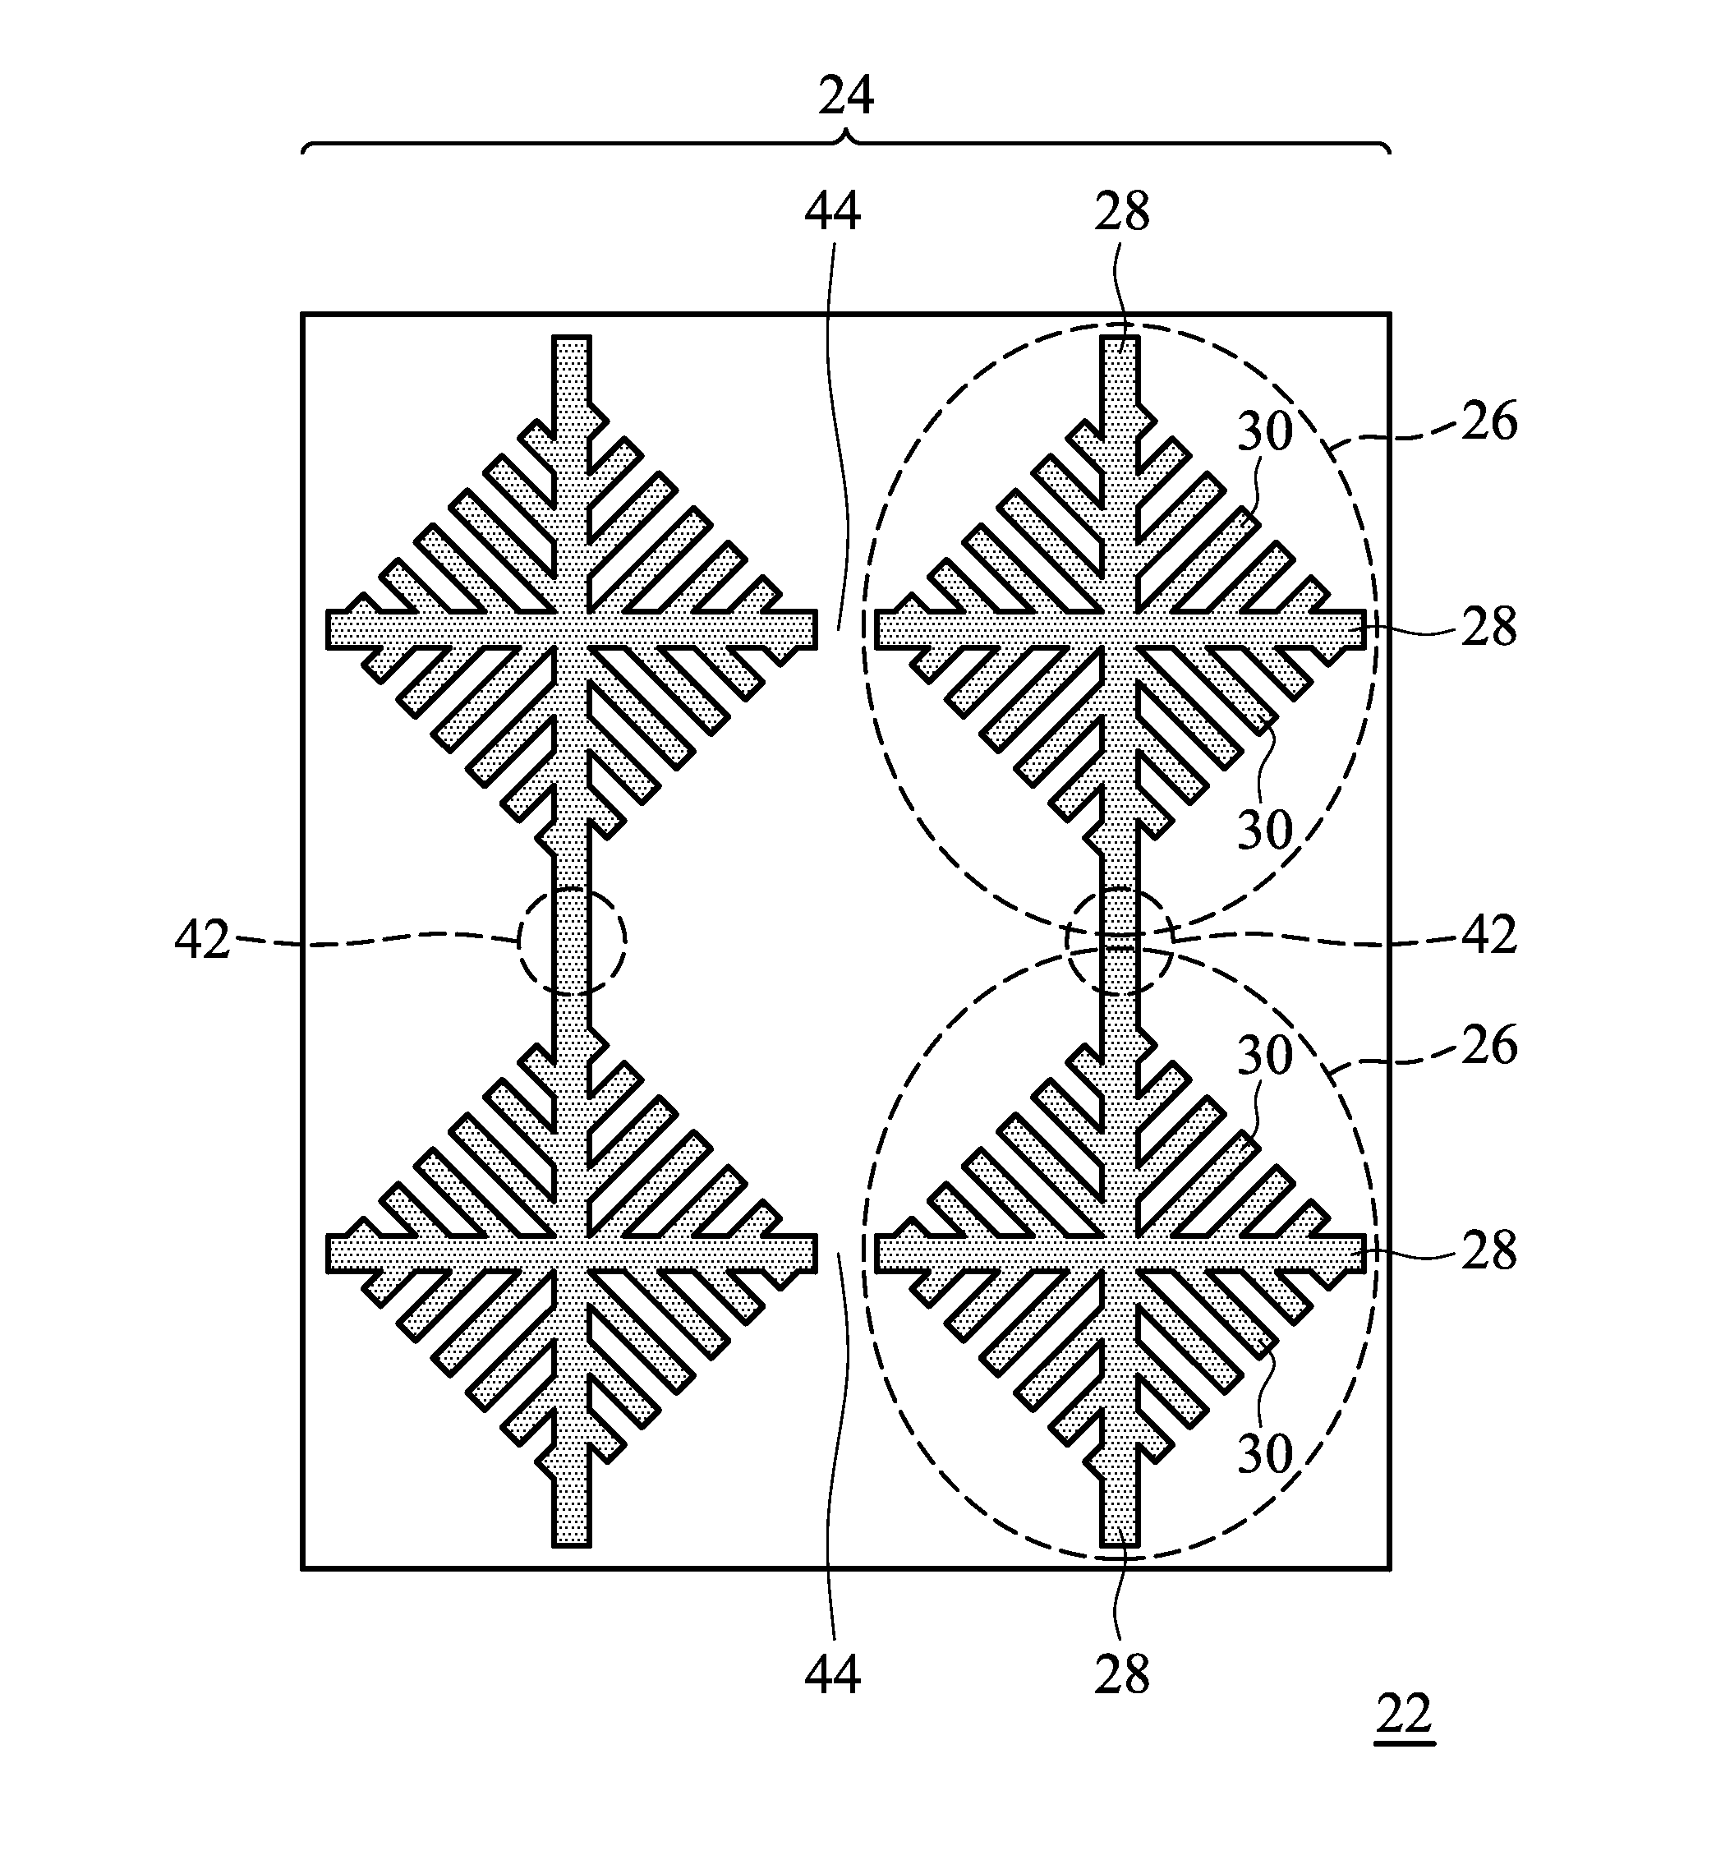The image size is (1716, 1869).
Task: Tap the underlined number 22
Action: click(x=1404, y=1715)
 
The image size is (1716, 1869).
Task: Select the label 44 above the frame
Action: click(x=832, y=213)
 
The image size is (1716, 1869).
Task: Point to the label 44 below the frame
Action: click(x=832, y=1675)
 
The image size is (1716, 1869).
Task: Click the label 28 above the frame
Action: click(x=1122, y=213)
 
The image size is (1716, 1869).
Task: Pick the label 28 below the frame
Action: click(x=1122, y=1675)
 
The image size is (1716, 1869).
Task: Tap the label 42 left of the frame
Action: click(x=201, y=941)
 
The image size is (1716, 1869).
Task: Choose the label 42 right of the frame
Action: click(x=1489, y=936)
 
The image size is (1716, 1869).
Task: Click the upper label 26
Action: click(x=1489, y=422)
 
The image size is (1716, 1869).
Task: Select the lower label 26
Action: click(x=1489, y=1047)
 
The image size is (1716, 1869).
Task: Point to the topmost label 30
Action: click(x=1265, y=432)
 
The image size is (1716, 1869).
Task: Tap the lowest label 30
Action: click(x=1265, y=1454)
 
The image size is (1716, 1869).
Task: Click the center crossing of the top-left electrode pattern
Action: click(x=572, y=629)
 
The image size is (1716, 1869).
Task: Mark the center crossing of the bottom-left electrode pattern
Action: click(x=572, y=1254)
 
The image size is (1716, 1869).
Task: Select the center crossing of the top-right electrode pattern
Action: click(x=1120, y=629)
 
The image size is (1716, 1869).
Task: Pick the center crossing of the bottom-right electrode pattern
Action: click(x=1120, y=1254)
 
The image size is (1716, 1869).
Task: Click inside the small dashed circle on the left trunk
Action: click(x=572, y=941)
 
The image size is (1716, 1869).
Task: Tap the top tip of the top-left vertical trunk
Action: click(x=572, y=337)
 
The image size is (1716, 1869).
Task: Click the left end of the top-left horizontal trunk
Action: click(x=329, y=629)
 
